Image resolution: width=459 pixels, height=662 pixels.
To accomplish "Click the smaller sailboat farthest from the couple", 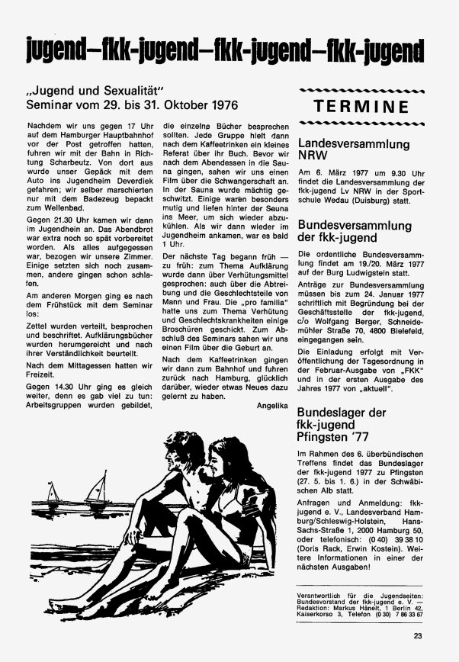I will tap(53, 492).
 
